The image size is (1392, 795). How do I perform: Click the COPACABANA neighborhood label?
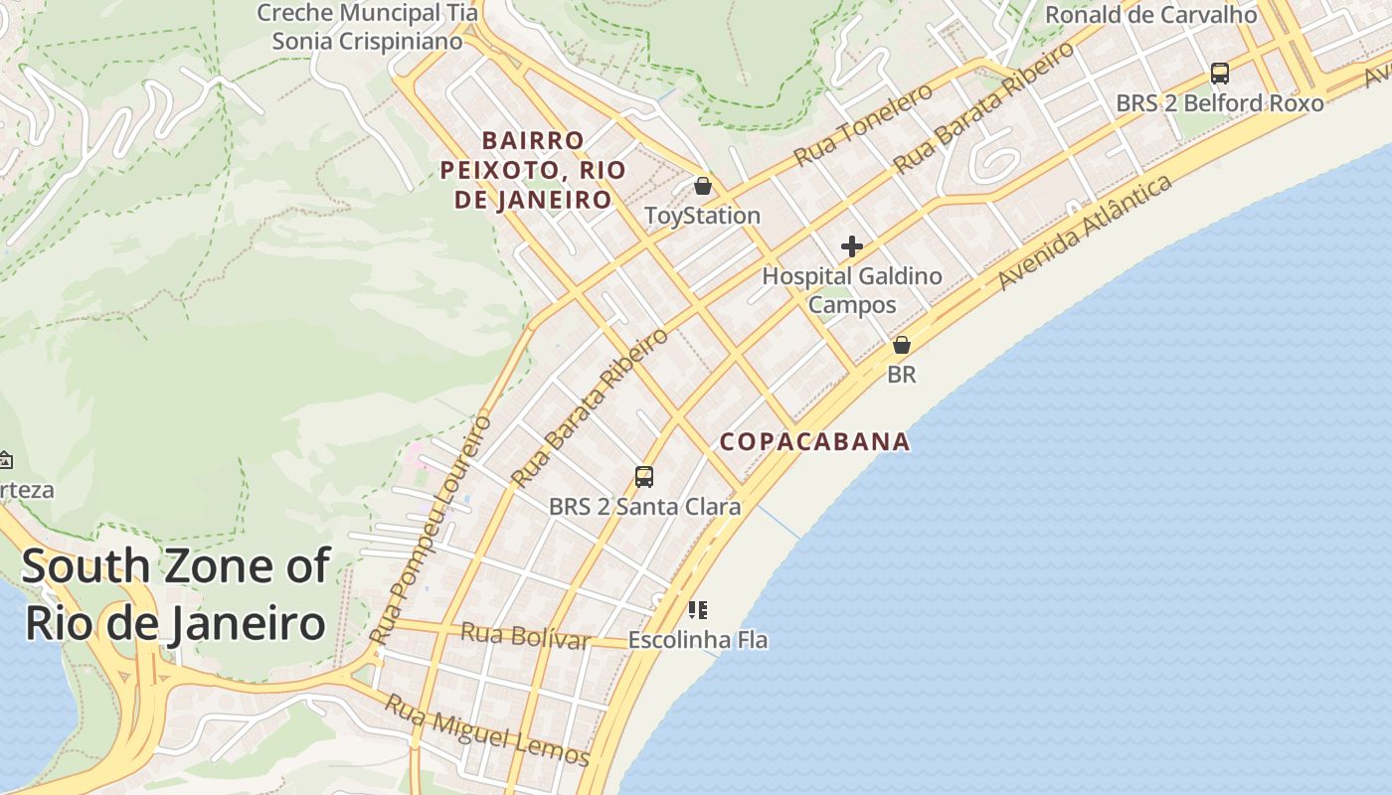[x=814, y=441]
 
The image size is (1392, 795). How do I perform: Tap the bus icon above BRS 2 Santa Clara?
[x=644, y=477]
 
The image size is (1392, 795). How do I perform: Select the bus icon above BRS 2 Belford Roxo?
[x=1219, y=74]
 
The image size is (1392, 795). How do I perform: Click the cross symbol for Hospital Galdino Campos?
[x=852, y=246]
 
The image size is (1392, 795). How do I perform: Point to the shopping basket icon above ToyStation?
[x=703, y=186]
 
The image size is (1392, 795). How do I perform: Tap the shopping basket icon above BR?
[x=902, y=346]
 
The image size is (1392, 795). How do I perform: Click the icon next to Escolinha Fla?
[x=697, y=610]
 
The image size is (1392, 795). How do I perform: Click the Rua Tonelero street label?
[x=863, y=125]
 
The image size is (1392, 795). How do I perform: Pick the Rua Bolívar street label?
[x=525, y=635]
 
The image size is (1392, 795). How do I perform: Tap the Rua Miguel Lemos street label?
[x=487, y=730]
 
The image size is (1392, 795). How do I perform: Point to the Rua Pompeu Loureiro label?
[x=430, y=530]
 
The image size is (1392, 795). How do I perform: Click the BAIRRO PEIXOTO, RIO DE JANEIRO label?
[x=533, y=170]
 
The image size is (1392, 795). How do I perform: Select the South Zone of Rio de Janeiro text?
[x=175, y=594]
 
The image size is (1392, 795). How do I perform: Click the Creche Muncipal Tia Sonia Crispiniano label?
[x=367, y=27]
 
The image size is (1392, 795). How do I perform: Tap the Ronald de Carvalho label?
[x=1151, y=15]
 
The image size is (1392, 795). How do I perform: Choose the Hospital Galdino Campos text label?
[x=852, y=290]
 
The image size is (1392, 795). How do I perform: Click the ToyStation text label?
[x=702, y=216]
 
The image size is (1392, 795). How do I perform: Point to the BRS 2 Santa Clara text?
[x=644, y=507]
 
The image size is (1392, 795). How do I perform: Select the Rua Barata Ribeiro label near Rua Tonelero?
[x=984, y=107]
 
